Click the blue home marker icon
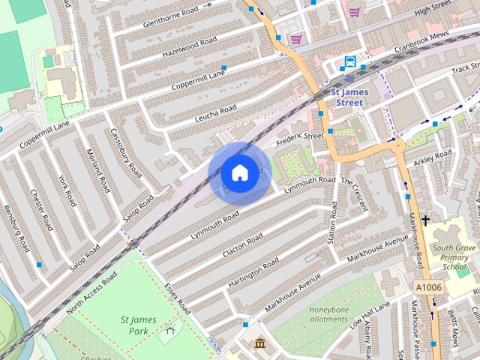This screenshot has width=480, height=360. tap(239, 173)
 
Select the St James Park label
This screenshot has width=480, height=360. tap(138, 325)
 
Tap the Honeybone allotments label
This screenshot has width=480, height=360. tap(328, 313)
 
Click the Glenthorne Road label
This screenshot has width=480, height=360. tap(163, 20)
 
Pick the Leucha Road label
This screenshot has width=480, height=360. tap(215, 113)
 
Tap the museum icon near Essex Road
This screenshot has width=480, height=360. tap(259, 343)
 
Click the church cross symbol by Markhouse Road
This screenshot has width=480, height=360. tap(426, 220)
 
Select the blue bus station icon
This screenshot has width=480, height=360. tap(350, 61)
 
